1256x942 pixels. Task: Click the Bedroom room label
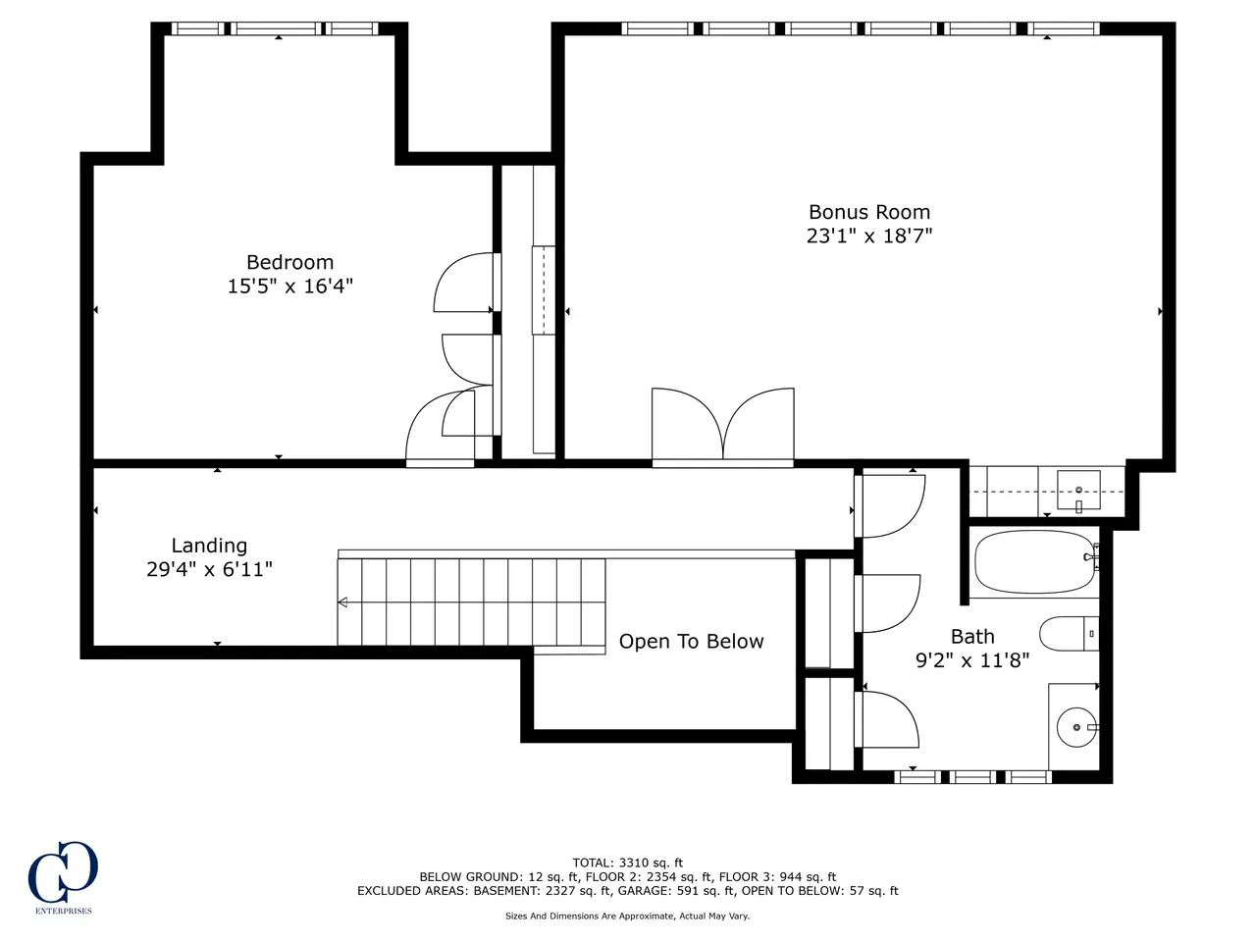289,262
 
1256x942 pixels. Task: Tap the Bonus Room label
868,212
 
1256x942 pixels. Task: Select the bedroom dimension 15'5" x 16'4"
289,286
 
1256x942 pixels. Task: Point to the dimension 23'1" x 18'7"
868,235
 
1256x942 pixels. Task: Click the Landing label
209,546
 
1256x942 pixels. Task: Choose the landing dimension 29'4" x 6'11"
209,570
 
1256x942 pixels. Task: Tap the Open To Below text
691,642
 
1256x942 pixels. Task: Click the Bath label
972,637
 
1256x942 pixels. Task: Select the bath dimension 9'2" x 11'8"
972,660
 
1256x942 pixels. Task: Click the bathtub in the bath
1034,561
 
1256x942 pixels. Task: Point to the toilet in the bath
1069,634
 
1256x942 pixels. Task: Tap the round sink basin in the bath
1076,727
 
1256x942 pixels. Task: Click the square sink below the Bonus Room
1078,490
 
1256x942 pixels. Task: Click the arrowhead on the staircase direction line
342,602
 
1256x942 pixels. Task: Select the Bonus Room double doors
723,426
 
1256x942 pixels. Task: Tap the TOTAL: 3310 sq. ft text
628,863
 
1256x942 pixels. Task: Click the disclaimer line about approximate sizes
628,916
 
